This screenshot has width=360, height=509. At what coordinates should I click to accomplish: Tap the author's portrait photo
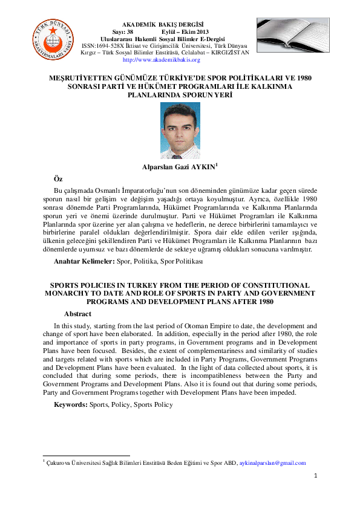[x=180, y=131]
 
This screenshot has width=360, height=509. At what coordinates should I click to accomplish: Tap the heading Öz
[x=59, y=179]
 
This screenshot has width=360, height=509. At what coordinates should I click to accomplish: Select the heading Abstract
[x=77, y=314]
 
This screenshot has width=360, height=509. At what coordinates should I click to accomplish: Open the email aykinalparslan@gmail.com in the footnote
[x=273, y=463]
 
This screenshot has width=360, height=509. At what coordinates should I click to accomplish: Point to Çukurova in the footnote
[x=60, y=463]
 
